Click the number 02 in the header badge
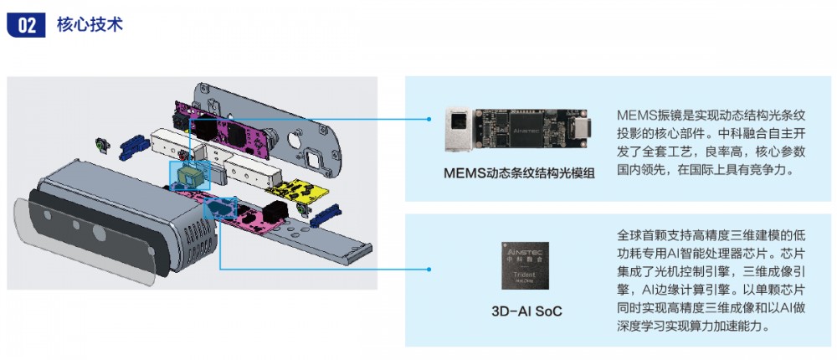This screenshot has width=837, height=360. (26, 25)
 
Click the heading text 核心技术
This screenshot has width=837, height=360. (90, 24)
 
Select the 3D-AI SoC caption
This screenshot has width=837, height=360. (526, 311)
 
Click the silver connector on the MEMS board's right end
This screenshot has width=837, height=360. (583, 130)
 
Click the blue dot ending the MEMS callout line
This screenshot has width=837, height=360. (428, 119)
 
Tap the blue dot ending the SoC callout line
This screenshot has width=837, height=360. (428, 269)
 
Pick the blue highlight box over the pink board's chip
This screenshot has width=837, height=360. (220, 208)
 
